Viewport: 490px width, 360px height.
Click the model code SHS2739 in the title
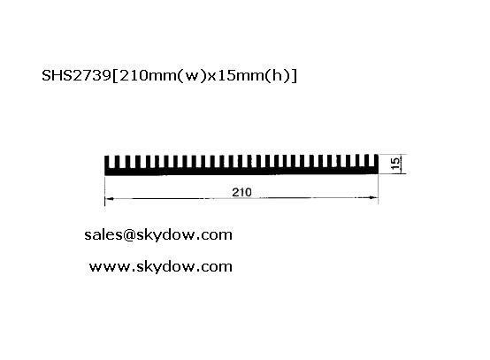[x=76, y=75]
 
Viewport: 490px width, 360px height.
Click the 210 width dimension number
[x=241, y=192]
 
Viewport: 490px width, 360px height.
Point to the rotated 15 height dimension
[x=395, y=164]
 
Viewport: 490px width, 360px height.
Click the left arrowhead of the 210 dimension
[x=109, y=198]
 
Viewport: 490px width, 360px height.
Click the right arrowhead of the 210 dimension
[x=374, y=197]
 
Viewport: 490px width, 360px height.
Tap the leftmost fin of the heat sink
[x=106, y=162]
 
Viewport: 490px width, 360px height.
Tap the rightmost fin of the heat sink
[x=376, y=161]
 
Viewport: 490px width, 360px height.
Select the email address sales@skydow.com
[x=158, y=235]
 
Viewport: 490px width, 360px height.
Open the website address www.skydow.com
[x=161, y=267]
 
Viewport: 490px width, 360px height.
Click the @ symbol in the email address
[x=129, y=235]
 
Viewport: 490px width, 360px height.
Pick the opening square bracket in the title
[x=115, y=76]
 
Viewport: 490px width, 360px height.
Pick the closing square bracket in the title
[x=294, y=76]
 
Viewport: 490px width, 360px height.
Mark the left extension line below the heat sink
[x=104, y=191]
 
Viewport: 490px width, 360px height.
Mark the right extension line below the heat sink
[x=379, y=189]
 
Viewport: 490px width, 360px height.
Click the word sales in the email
[x=103, y=235]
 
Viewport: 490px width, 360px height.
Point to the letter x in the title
[x=212, y=77]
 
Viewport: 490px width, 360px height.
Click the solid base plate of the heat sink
[x=241, y=171]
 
